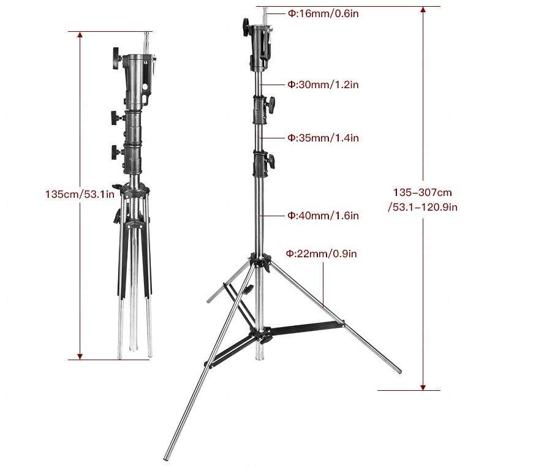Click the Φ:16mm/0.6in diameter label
[x=323, y=13]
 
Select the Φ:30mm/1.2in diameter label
[x=323, y=85]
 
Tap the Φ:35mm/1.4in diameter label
[x=323, y=138]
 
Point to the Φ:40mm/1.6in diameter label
[x=323, y=216]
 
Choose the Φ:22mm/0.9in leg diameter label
[x=321, y=253]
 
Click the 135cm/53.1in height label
[x=80, y=194]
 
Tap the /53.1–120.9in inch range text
[x=422, y=207]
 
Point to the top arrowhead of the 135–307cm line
[x=422, y=10]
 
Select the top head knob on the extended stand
[x=246, y=26]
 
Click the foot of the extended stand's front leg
[x=166, y=458]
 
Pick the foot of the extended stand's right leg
[x=399, y=371]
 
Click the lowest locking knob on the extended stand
[x=270, y=162]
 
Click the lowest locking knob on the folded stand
[x=115, y=152]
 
